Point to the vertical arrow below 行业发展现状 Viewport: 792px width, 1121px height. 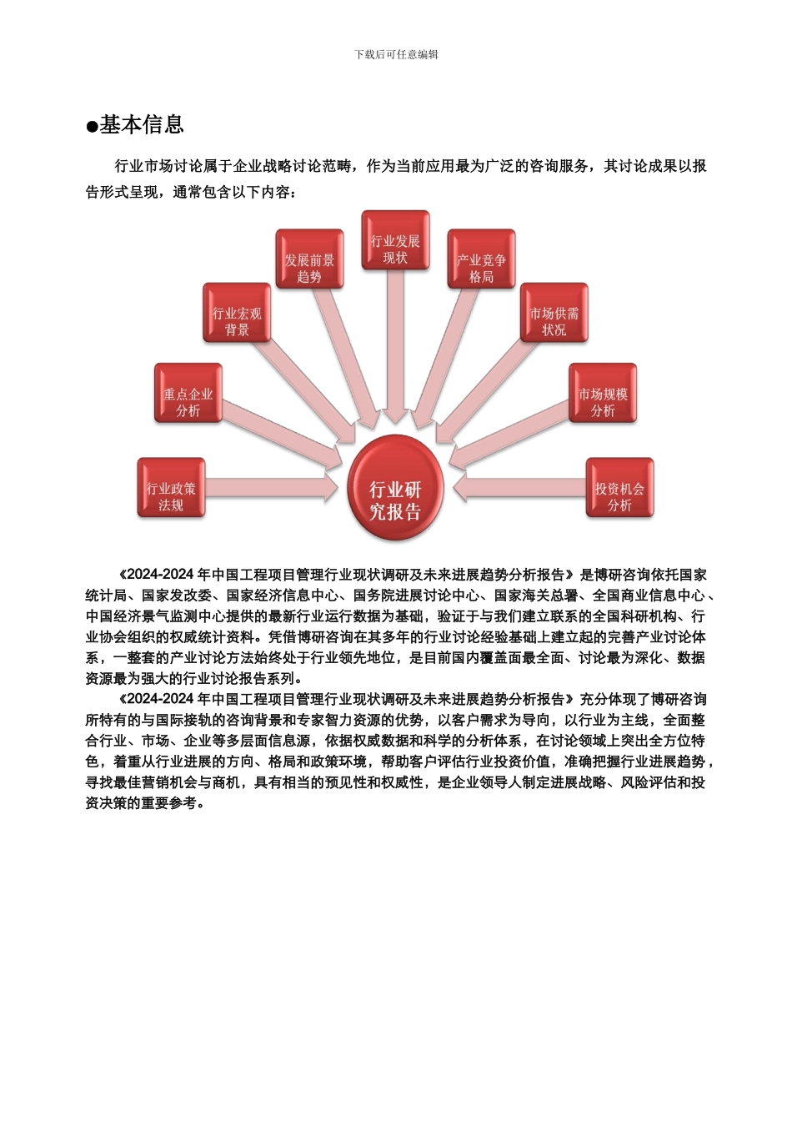(x=395, y=350)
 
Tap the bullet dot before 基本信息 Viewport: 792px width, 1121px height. (x=92, y=127)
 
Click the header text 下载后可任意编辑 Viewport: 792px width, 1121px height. (x=396, y=54)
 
